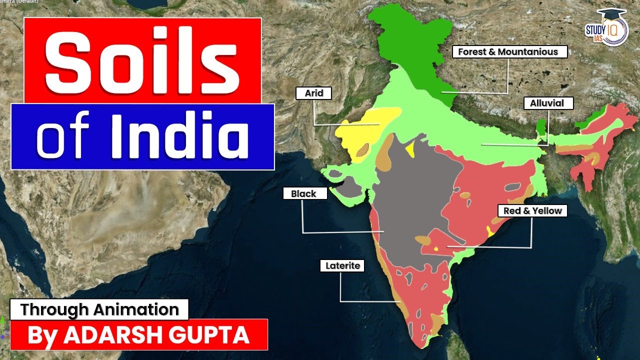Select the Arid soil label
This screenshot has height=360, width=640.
click(313, 93)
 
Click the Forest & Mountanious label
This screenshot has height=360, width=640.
click(508, 52)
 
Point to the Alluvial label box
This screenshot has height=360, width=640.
click(547, 103)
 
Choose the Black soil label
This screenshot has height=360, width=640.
click(304, 193)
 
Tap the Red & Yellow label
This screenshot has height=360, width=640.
click(532, 211)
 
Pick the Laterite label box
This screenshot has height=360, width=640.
click(342, 266)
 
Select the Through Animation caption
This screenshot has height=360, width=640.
click(99, 309)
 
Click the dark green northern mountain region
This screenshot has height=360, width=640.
click(410, 45)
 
